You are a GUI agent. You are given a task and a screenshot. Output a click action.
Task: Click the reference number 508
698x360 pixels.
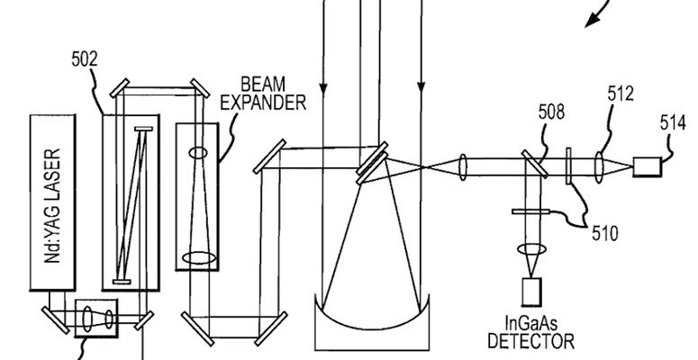tap(551, 113)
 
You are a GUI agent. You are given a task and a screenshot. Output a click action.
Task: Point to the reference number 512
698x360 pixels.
tap(621, 94)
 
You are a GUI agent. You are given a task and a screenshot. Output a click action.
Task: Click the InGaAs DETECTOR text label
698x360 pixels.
tap(530, 333)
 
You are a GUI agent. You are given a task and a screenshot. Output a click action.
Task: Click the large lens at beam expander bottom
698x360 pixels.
tap(200, 257)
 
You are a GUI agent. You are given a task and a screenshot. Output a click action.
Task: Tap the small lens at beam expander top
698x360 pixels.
tap(197, 154)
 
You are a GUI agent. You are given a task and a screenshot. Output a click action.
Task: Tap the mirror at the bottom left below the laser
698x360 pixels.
tap(53, 317)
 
